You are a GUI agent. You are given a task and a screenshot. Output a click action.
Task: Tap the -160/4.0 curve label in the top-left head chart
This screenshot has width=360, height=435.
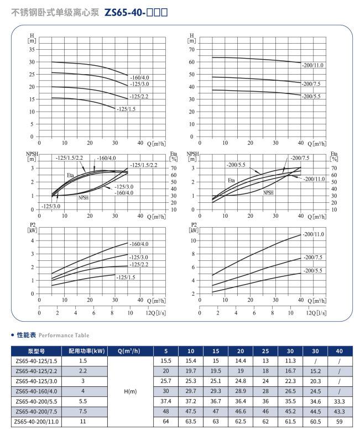[x=139, y=77]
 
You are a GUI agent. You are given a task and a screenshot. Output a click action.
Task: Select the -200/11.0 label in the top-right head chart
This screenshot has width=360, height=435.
[x=312, y=65]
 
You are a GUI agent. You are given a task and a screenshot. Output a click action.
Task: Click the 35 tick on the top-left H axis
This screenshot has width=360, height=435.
[x=32, y=50]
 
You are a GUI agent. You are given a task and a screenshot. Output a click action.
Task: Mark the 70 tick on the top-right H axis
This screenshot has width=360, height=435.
[x=192, y=50]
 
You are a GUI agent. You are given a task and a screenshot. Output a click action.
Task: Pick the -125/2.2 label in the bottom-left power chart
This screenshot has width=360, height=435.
[x=139, y=265]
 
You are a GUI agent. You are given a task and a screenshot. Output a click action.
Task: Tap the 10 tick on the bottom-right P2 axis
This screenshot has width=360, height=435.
[x=192, y=240]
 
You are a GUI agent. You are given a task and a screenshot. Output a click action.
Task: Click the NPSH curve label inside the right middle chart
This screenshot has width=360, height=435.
[x=269, y=193]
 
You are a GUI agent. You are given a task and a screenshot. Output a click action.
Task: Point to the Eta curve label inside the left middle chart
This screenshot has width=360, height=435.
[x=70, y=175]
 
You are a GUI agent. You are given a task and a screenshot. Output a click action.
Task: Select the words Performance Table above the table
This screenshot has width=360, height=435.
[x=64, y=335]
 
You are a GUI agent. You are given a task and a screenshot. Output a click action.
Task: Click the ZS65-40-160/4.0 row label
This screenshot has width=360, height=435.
[x=37, y=391]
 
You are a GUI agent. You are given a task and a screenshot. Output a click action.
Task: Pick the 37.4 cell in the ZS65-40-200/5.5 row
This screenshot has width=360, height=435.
[x=166, y=401]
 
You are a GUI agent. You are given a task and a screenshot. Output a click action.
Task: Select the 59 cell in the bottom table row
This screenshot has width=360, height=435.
[x=339, y=421]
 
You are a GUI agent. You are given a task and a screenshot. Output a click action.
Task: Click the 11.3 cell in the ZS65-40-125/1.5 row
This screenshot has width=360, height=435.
[x=290, y=361]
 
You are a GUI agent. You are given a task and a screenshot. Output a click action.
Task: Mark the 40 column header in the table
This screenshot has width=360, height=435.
[x=339, y=351]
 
